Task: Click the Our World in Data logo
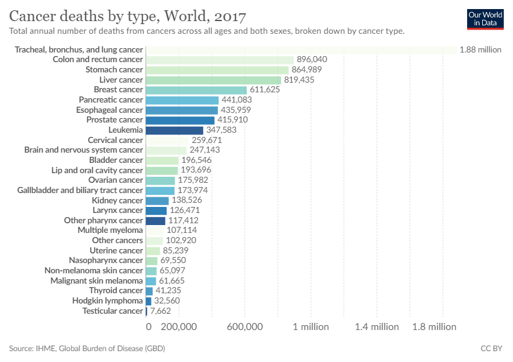[x=485, y=19]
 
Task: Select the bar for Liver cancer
[x=214, y=80]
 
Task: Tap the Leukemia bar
[x=174, y=130]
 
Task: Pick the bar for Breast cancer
[x=196, y=90]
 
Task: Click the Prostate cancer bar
[x=180, y=120]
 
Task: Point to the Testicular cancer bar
[x=147, y=311]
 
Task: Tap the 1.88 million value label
[x=480, y=49]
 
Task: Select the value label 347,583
[x=221, y=130]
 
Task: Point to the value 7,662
[x=161, y=311]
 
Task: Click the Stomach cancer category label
[x=114, y=70]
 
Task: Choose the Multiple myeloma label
[x=110, y=230]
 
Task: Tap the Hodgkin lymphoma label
[x=107, y=300]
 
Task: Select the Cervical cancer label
[x=115, y=140]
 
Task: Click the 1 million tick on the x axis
[x=311, y=327]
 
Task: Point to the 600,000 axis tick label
[x=245, y=327]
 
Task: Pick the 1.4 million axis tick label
[x=377, y=327]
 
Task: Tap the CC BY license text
[x=491, y=348]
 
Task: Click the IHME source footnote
[x=87, y=348]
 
